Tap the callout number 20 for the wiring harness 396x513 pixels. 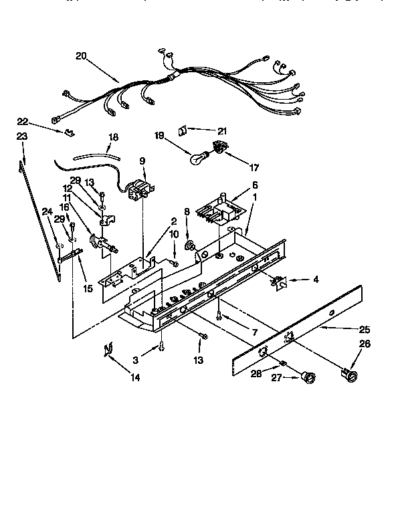click(x=82, y=56)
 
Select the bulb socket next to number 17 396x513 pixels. click(x=217, y=148)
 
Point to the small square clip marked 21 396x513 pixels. click(x=181, y=129)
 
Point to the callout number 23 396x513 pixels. click(x=21, y=136)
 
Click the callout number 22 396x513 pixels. click(x=23, y=121)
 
